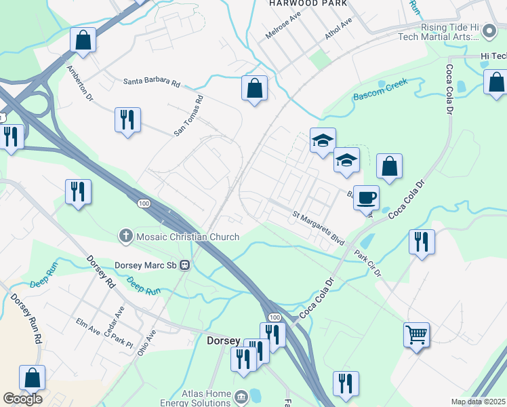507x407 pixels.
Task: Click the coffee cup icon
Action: [366, 197]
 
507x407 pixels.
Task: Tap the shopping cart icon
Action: [416, 334]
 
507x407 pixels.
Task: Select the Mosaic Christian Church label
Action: [187, 237]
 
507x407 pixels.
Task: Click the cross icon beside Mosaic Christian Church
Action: [125, 237]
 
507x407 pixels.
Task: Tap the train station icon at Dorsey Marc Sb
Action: [184, 265]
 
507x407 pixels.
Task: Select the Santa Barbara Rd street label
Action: [152, 82]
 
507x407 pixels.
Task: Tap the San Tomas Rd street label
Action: [188, 116]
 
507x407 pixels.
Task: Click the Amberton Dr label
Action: [79, 83]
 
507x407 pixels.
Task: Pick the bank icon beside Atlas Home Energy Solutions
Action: [241, 395]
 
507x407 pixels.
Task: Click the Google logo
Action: [22, 399]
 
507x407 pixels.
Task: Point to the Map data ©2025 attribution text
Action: [478, 402]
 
